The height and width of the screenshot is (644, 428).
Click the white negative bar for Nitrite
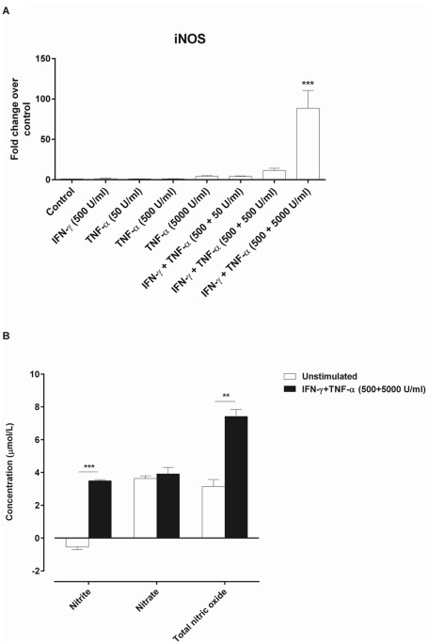(x=76, y=542)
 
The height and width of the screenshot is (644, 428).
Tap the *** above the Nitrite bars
(x=88, y=467)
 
